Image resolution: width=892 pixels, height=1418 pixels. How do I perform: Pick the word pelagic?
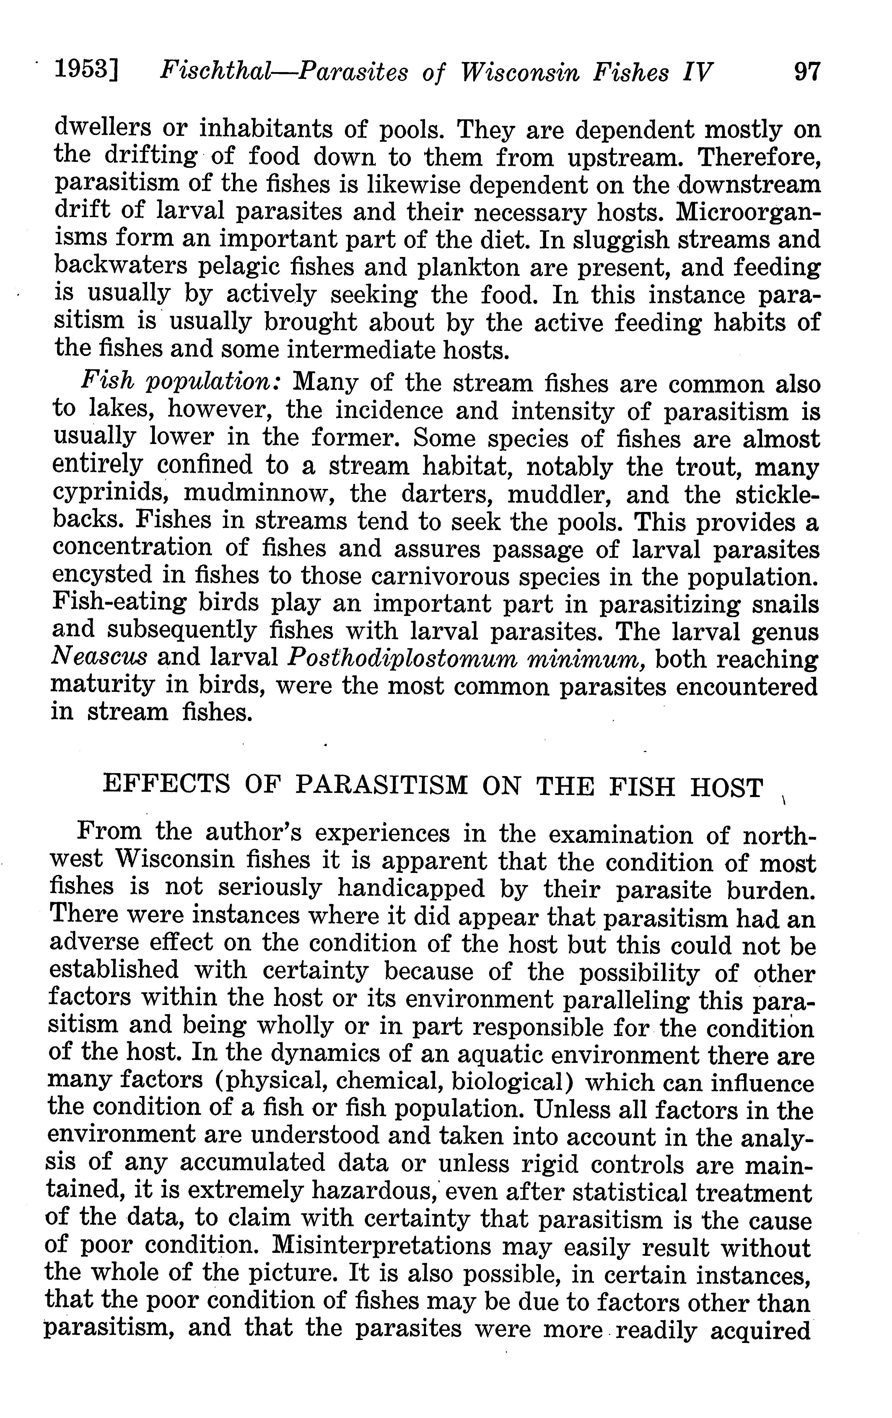pyautogui.click(x=238, y=268)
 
